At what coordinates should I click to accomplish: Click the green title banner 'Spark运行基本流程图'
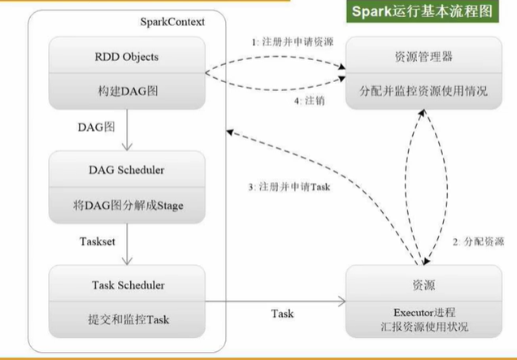tap(424, 13)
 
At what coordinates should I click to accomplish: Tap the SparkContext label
tap(167, 21)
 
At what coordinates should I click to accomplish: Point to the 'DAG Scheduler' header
tap(126, 170)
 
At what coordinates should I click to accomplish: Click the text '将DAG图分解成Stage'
tap(126, 204)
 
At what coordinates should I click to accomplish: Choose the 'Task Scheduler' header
tap(126, 285)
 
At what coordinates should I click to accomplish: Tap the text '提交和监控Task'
tap(126, 319)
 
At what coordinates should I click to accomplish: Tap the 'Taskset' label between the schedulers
tap(100, 241)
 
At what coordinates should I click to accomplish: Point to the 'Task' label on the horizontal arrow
tap(282, 313)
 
